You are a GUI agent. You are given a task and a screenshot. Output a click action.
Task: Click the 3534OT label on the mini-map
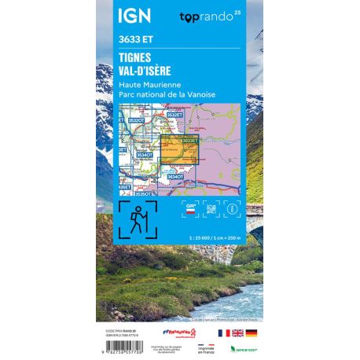[144, 158]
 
